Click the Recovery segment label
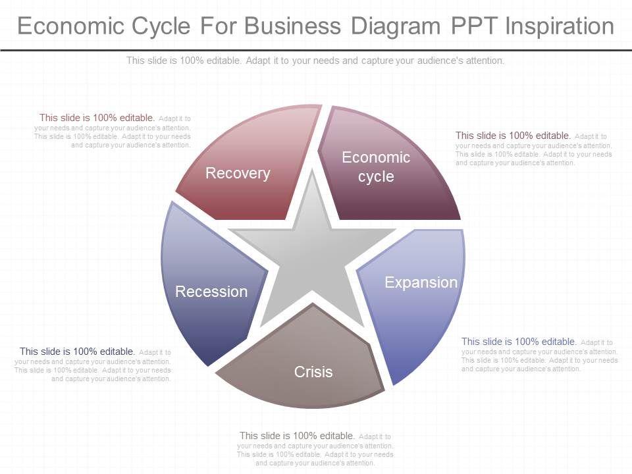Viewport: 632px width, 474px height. (x=238, y=173)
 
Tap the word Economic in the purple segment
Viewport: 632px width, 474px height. (x=376, y=157)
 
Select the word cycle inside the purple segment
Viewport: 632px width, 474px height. (x=376, y=176)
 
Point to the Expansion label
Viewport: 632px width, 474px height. (x=421, y=282)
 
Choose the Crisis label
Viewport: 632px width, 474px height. (x=313, y=372)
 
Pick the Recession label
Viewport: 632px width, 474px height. (x=211, y=292)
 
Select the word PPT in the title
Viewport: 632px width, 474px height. (x=473, y=26)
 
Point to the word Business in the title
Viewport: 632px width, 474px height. (x=294, y=26)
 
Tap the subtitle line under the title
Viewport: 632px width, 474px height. (x=315, y=61)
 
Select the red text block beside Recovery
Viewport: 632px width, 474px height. (x=113, y=131)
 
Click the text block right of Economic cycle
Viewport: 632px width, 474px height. (x=533, y=149)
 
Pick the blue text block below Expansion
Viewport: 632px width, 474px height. (x=539, y=355)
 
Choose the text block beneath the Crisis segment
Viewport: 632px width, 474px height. (x=315, y=449)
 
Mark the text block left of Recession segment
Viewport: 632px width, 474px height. (x=93, y=365)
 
